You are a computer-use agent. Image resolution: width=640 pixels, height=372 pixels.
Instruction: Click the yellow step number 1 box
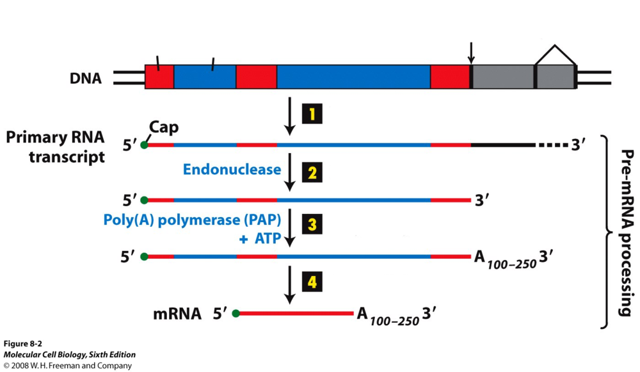(312, 115)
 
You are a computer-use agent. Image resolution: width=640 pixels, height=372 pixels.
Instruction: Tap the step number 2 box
(312, 172)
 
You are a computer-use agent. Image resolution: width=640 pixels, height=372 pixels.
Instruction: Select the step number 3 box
(312, 225)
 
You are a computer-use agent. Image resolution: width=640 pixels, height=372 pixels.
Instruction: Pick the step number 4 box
(312, 282)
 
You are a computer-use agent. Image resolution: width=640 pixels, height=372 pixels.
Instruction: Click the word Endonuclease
(232, 170)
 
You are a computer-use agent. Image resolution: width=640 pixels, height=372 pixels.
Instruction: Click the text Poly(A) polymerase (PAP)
(191, 219)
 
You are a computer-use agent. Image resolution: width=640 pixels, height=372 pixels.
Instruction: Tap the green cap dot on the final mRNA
(236, 314)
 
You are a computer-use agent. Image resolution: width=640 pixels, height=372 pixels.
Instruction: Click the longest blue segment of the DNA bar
(353, 77)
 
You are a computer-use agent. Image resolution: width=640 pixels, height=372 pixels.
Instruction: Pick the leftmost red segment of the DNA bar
(159, 77)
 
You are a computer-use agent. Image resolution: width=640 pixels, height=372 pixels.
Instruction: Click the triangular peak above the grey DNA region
(555, 51)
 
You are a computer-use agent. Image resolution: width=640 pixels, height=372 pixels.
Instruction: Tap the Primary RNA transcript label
(54, 147)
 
